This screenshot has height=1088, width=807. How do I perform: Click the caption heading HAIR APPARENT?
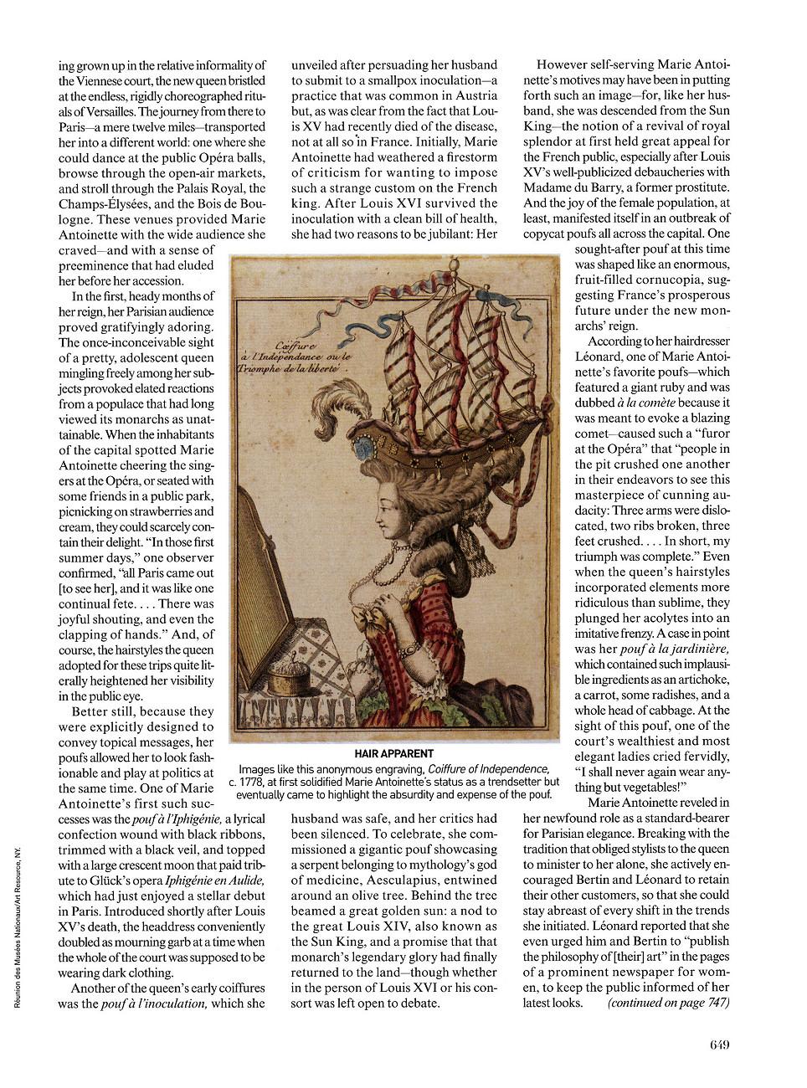393,753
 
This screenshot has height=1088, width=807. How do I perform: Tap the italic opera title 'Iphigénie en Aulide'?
214,880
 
